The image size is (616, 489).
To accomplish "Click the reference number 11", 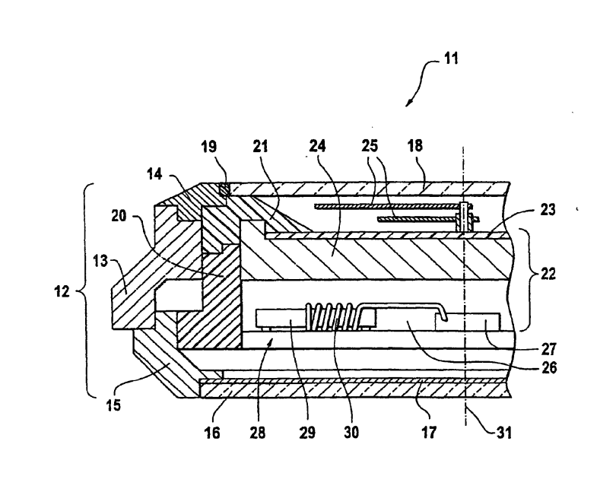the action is pyautogui.click(x=451, y=59).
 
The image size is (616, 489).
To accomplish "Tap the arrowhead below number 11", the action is pyautogui.click(x=409, y=103).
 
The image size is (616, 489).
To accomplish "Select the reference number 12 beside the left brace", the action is pyautogui.click(x=62, y=291).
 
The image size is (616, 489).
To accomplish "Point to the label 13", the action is pyautogui.click(x=100, y=261).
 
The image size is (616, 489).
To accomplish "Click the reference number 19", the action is pyautogui.click(x=208, y=147).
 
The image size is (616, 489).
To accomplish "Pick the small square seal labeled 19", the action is pyautogui.click(x=224, y=189).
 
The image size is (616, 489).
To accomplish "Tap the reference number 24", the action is pyautogui.click(x=317, y=146).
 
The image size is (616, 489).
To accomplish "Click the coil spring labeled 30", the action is pyautogui.click(x=333, y=316).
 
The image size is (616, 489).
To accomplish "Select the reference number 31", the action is pyautogui.click(x=504, y=433).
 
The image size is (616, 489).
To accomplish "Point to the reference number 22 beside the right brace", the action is pyautogui.click(x=548, y=273).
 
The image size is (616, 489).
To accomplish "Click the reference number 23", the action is pyautogui.click(x=548, y=209).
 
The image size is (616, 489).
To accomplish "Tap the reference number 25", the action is pyautogui.click(x=370, y=146).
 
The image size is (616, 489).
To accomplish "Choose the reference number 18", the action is pyautogui.click(x=415, y=146).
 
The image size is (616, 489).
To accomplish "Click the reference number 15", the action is pyautogui.click(x=113, y=405).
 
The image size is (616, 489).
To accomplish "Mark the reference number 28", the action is pyautogui.click(x=258, y=433).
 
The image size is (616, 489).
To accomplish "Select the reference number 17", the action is pyautogui.click(x=429, y=433).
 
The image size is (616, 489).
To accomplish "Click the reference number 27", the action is pyautogui.click(x=548, y=349).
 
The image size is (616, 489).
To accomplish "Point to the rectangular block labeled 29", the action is pyautogui.click(x=281, y=318).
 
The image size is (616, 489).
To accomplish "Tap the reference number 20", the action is pyautogui.click(x=119, y=216).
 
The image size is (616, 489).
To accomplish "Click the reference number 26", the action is pyautogui.click(x=548, y=367).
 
